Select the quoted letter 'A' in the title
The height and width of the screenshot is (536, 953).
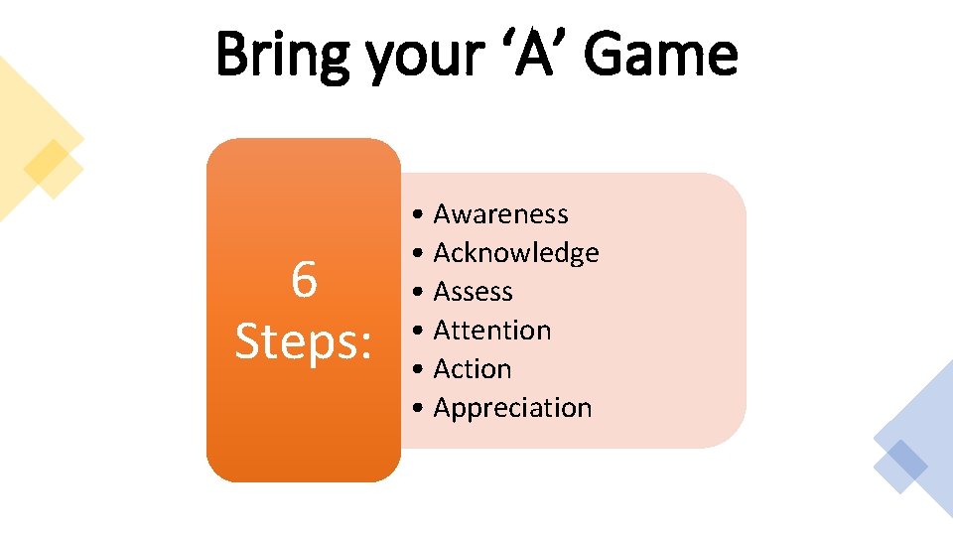(x=535, y=54)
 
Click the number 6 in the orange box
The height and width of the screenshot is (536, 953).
(x=304, y=281)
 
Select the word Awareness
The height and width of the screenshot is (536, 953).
(x=500, y=214)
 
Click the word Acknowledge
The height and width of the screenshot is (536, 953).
(x=516, y=253)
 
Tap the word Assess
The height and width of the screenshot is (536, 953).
(x=473, y=292)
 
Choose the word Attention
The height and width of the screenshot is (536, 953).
(x=491, y=331)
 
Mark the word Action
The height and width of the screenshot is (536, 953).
(x=473, y=369)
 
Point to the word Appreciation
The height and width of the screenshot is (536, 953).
(x=512, y=408)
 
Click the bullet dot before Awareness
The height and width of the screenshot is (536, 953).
(x=422, y=215)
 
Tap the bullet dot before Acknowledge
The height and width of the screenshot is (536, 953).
(x=422, y=254)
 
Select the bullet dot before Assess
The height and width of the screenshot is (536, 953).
(x=422, y=293)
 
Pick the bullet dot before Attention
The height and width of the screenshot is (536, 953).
(x=422, y=332)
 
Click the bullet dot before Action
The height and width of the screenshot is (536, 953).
(x=422, y=370)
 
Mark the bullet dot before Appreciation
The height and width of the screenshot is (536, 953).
(x=422, y=409)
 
